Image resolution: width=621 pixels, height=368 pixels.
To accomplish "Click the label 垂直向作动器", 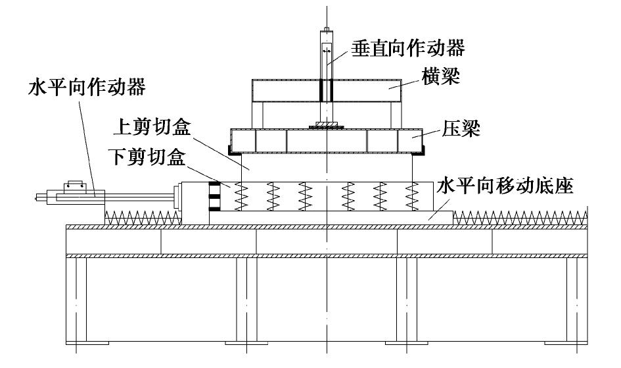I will coord(409,47).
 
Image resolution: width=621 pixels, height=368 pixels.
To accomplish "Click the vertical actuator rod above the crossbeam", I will coord(326,53).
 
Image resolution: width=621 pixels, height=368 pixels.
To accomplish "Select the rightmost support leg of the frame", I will coord(576,300).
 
